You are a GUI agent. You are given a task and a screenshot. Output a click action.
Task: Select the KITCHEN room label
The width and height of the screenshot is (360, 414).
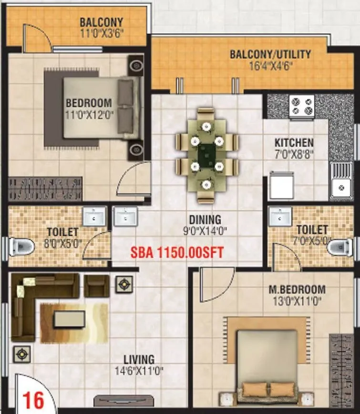tap(294, 142)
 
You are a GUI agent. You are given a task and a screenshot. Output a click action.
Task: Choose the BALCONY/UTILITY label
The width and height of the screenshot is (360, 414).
tap(270, 54)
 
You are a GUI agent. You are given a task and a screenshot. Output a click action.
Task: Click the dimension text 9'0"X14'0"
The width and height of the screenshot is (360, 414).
tap(205, 231)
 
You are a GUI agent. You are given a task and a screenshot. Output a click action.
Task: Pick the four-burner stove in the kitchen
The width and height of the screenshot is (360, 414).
tap(302, 106)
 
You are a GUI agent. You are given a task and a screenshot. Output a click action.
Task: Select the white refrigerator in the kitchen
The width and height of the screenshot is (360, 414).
tap(281, 186)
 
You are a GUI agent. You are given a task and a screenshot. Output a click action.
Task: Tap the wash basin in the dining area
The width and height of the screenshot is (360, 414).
tap(125, 216)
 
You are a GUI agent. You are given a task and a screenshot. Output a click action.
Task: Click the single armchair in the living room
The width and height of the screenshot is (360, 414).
tap(97, 285)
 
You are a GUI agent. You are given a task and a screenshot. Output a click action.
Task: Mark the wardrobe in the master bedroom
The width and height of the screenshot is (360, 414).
tap(340, 369)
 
